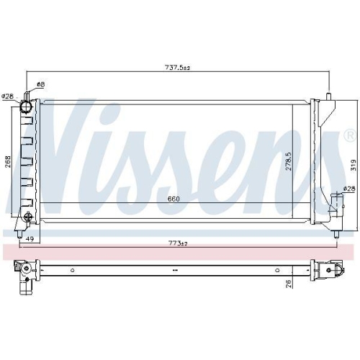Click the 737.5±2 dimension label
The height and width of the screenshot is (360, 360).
click(x=178, y=68)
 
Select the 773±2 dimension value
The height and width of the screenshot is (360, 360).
click(x=178, y=243)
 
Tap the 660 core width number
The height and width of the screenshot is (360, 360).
click(x=174, y=199)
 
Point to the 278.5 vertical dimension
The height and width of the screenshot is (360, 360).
click(x=289, y=161)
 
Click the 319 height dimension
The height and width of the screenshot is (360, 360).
click(x=353, y=166)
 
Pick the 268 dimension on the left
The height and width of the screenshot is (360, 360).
click(x=8, y=162)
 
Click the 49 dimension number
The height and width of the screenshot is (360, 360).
click(x=30, y=239)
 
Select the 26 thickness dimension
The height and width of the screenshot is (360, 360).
click(x=289, y=284)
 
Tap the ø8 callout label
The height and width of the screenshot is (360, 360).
click(x=41, y=84)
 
